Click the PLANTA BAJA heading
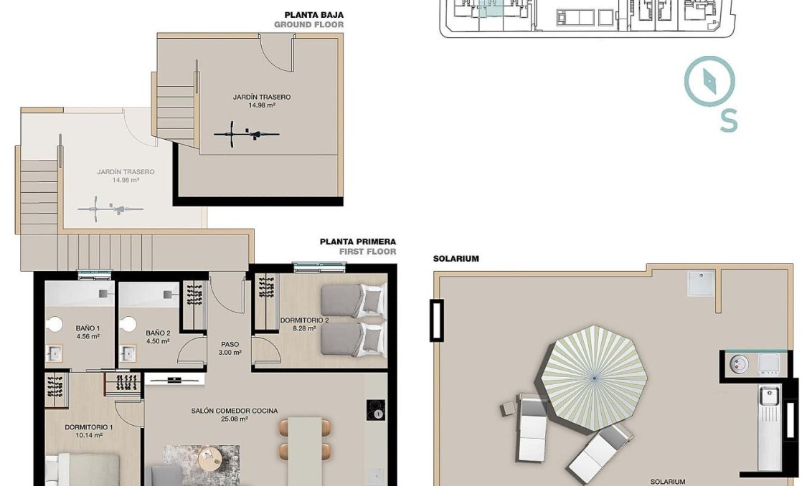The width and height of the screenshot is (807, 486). pyautogui.click(x=313, y=14)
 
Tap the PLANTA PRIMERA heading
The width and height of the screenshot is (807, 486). pyautogui.click(x=357, y=242)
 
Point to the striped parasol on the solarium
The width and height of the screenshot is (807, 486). pyautogui.click(x=594, y=377)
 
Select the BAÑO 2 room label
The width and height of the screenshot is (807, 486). pyautogui.click(x=157, y=333)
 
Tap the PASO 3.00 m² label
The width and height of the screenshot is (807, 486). pyautogui.click(x=230, y=348)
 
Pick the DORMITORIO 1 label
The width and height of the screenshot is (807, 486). pyautogui.click(x=89, y=427)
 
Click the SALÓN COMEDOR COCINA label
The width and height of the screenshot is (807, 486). pyautogui.click(x=234, y=411)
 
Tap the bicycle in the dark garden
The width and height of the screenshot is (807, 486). pyautogui.click(x=246, y=133)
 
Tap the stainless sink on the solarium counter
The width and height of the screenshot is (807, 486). pyautogui.click(x=769, y=395)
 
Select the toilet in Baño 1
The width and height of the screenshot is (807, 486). pyautogui.click(x=53, y=324)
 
